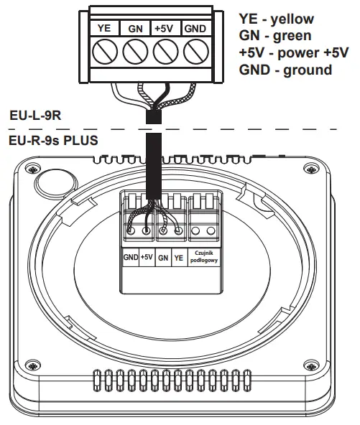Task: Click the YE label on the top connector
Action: pos(103,28)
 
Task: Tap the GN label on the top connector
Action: pos(135,28)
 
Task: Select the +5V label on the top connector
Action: pos(165,28)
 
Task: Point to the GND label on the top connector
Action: pos(194,28)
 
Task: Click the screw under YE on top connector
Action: pos(104,52)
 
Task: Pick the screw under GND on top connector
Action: pos(194,52)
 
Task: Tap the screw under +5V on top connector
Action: pos(165,52)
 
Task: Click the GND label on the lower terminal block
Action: pos(130,256)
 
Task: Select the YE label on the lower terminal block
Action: pos(178,256)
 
